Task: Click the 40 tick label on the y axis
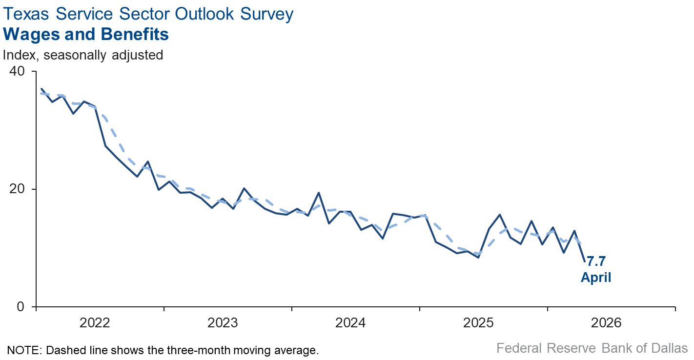pos(17,71)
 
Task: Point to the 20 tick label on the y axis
pos(17,189)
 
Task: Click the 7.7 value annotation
pos(596,261)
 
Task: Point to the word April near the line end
pos(596,278)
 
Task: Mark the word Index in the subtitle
pos(19,55)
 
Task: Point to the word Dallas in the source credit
pos(669,348)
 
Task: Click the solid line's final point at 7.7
pos(585,261)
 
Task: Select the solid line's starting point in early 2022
pos(41,89)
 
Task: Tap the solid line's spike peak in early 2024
pos(319,192)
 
